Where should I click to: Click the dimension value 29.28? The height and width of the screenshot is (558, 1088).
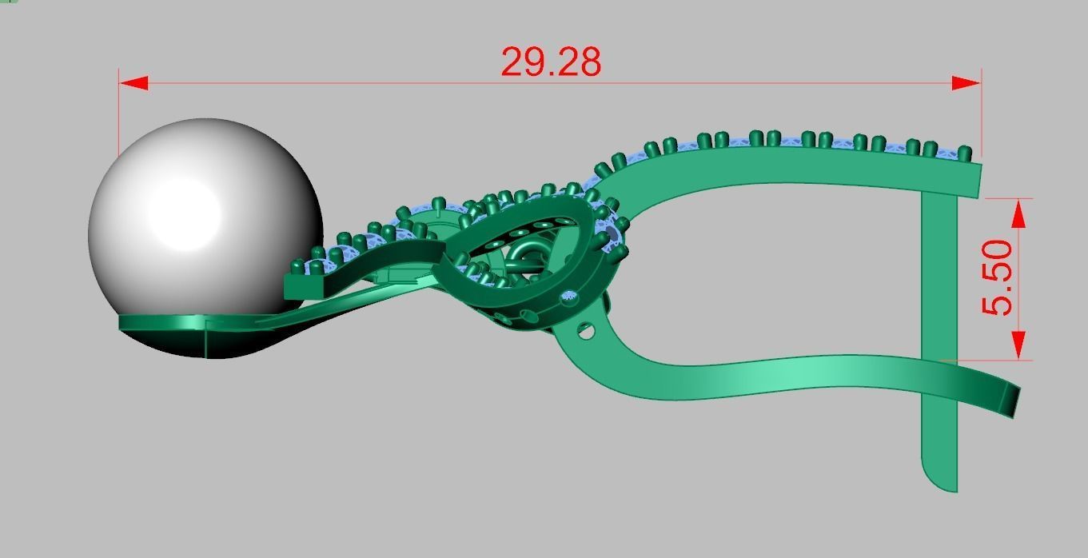pos(551,62)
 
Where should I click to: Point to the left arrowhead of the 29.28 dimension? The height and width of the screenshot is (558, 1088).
pos(134,83)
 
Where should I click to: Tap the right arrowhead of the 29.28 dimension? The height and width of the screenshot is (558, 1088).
pos(966,83)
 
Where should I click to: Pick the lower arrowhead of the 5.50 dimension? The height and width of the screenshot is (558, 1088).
pos(1018,345)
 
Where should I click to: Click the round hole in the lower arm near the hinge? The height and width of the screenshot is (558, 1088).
pos(587,329)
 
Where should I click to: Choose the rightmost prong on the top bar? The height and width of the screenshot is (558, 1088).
pos(965,152)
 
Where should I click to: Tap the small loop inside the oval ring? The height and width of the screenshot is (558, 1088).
pos(523,261)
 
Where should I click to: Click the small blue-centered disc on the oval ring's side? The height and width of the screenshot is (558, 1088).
pos(569,297)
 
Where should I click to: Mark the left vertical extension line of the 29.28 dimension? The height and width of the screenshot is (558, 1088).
pos(119,112)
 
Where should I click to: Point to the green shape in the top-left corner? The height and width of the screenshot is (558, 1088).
pos(7,2)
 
